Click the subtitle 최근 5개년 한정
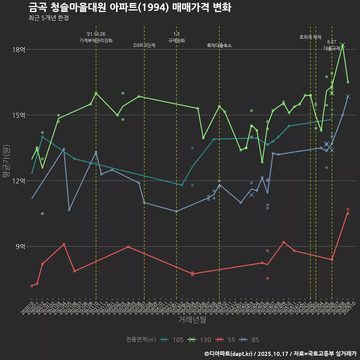(x=48, y=18)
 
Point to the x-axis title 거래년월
(x=192, y=319)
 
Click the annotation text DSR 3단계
(x=144, y=45)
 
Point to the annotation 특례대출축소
(x=219, y=45)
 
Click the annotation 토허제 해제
(x=310, y=37)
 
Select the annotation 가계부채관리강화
(x=96, y=40)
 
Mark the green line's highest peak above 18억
(x=343, y=45)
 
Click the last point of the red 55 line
(x=348, y=213)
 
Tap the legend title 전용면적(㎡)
(x=141, y=340)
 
